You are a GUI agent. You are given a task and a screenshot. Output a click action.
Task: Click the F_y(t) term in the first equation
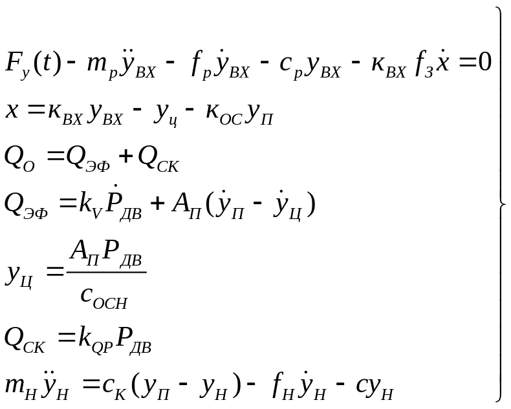33,65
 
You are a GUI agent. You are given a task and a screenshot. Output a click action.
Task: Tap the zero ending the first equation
485,63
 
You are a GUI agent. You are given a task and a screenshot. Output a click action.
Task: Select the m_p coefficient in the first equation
101,67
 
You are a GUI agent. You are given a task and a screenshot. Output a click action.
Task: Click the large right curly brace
501,204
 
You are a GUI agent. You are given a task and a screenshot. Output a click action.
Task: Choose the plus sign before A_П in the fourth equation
158,205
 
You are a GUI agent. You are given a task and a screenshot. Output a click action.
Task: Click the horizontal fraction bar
106,272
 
